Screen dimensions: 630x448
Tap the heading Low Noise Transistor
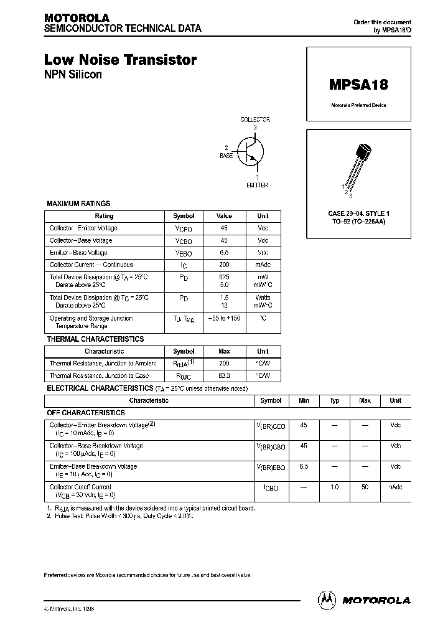(x=120, y=60)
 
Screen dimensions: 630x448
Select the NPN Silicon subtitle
(x=73, y=75)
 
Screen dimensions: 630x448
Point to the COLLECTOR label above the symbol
(x=255, y=120)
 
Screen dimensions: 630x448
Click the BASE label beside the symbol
(x=226, y=156)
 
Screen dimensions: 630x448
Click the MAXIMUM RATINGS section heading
(x=79, y=204)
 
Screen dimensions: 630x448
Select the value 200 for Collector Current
(x=224, y=265)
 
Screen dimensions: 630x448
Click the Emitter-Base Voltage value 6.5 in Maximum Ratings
(x=224, y=252)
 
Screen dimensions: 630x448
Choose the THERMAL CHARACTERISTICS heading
(x=96, y=339)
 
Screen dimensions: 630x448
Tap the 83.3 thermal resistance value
(x=224, y=376)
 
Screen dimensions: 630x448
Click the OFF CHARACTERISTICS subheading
(x=86, y=413)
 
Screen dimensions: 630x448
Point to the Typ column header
(x=334, y=401)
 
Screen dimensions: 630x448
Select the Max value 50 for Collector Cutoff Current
(x=365, y=487)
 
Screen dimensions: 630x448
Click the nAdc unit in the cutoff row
(x=396, y=487)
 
